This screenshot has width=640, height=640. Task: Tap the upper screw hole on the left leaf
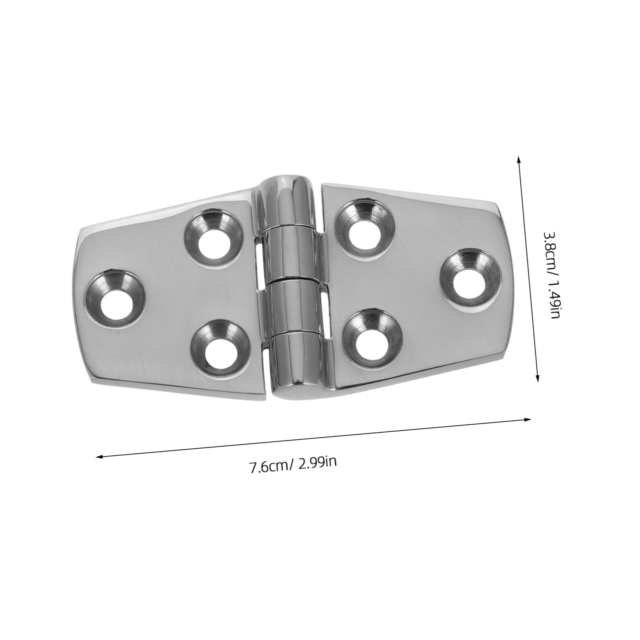214,238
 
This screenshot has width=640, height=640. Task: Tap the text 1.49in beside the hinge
554,299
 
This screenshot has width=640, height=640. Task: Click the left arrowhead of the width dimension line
98,457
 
